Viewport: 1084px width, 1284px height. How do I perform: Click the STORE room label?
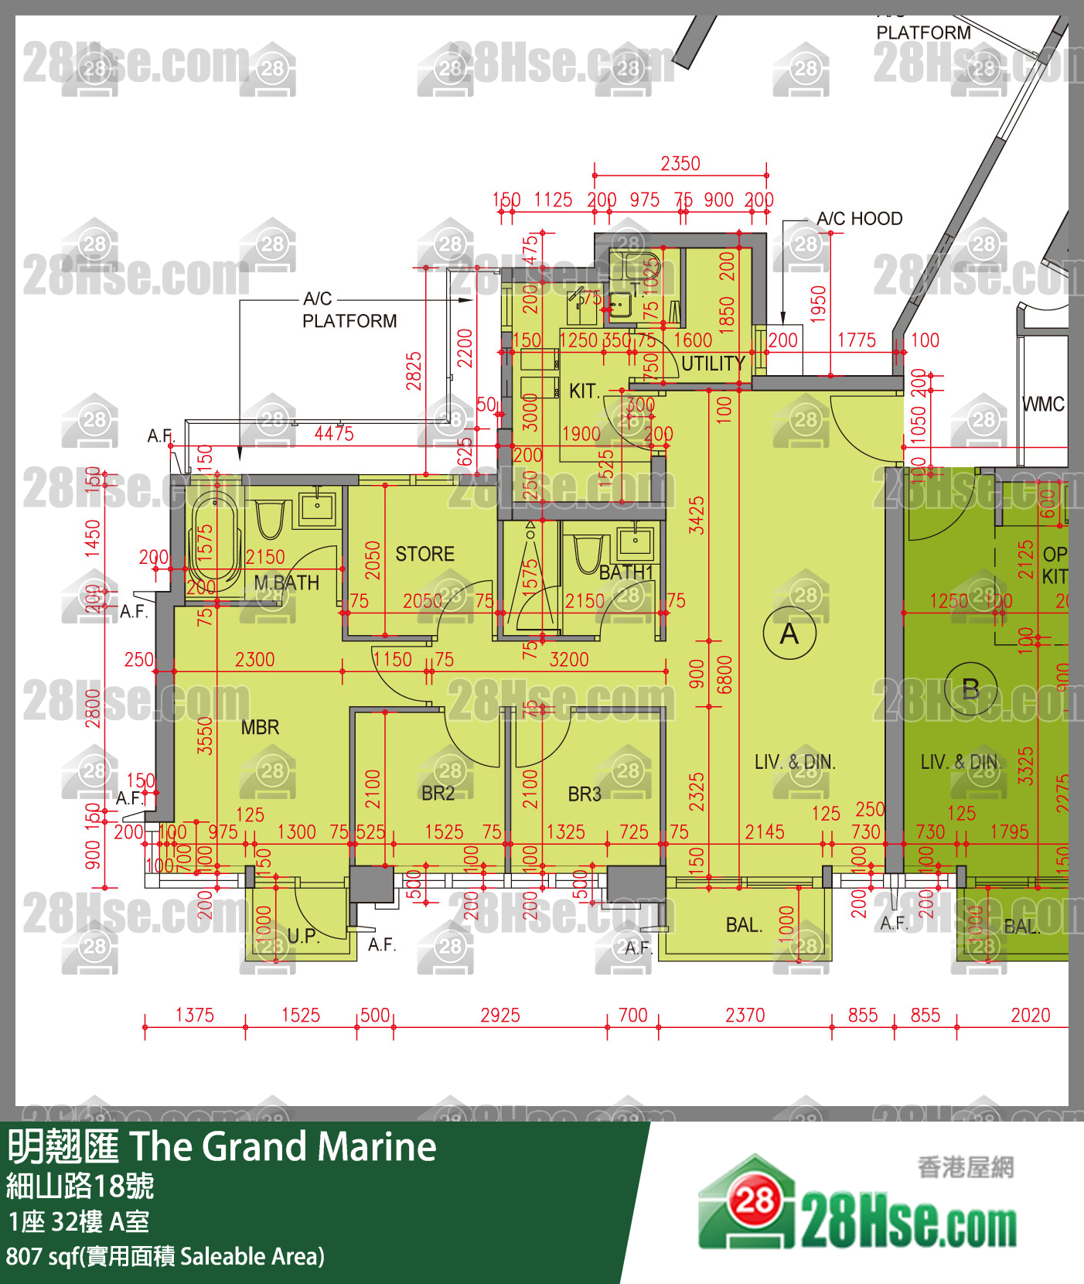pyautogui.click(x=424, y=554)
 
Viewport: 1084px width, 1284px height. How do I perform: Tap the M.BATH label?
pyautogui.click(x=286, y=583)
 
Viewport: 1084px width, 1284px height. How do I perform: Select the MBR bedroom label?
pyautogui.click(x=260, y=727)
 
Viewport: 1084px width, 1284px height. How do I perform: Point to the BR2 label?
pyautogui.click(x=438, y=794)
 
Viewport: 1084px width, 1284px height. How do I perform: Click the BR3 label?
pyautogui.click(x=584, y=794)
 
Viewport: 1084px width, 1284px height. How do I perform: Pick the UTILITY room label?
pyautogui.click(x=712, y=364)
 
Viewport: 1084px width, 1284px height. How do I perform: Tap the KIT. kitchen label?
pyautogui.click(x=584, y=391)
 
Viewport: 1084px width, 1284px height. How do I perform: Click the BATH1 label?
pyautogui.click(x=626, y=572)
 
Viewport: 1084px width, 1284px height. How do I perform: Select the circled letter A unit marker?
pyautogui.click(x=789, y=633)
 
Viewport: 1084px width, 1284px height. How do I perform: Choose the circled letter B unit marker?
pyautogui.click(x=970, y=688)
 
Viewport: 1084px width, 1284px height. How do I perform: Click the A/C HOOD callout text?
pyautogui.click(x=859, y=219)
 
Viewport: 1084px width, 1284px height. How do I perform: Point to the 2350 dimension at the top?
pyautogui.click(x=680, y=164)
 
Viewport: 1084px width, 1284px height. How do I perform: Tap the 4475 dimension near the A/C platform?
pyautogui.click(x=334, y=434)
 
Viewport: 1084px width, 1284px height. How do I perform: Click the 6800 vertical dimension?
pyautogui.click(x=724, y=674)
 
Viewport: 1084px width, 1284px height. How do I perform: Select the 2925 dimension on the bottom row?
pyautogui.click(x=500, y=1016)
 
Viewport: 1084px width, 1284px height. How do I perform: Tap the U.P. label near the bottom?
pyautogui.click(x=303, y=936)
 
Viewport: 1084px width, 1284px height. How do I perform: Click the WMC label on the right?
pyautogui.click(x=1043, y=405)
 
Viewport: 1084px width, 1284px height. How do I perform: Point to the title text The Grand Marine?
pyautogui.click(x=282, y=1147)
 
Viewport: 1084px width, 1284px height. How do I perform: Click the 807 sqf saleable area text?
pyautogui.click(x=165, y=1257)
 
